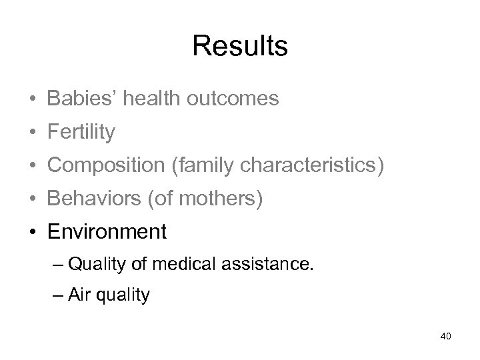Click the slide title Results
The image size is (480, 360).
point(240,46)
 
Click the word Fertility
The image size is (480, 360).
point(81,132)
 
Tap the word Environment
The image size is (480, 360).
point(107,232)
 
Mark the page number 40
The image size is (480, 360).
point(446,336)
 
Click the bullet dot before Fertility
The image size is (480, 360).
point(33,133)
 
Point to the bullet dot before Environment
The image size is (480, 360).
point(33,233)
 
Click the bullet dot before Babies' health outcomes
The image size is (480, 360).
point(33,99)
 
